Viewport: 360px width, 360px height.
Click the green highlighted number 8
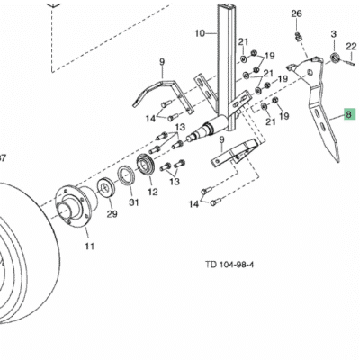(350, 114)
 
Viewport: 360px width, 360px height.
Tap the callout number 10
(200, 33)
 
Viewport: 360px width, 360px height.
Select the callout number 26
(296, 13)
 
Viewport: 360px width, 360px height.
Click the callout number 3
(334, 34)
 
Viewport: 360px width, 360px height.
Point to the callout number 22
(351, 47)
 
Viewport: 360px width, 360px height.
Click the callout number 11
(89, 247)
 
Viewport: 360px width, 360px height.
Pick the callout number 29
(112, 214)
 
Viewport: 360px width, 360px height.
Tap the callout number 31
(134, 202)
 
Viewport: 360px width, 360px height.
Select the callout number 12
(153, 192)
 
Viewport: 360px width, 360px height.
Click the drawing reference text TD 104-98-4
(229, 265)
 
